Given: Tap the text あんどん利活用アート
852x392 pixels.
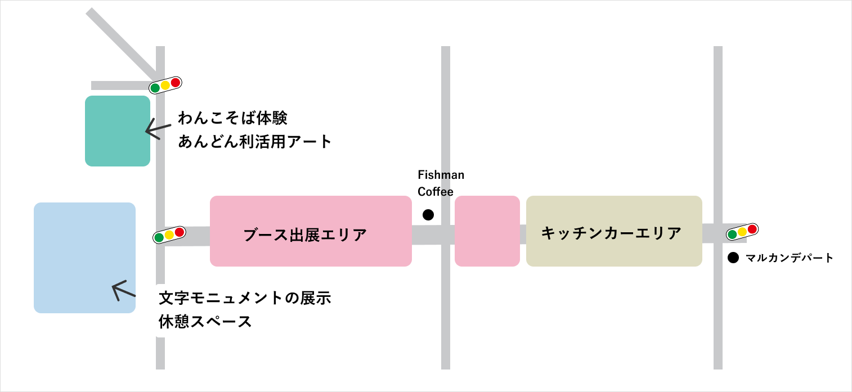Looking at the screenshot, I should (x=255, y=142).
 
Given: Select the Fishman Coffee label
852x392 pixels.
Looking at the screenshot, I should (x=441, y=183).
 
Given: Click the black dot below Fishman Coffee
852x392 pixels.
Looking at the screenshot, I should (x=428, y=214).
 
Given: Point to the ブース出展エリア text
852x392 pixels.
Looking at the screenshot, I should (x=305, y=235).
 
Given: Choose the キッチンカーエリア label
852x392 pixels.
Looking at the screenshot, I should (x=611, y=233).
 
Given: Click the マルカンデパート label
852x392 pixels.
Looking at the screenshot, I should (x=789, y=258).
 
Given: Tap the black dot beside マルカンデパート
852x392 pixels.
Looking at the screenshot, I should (x=733, y=258).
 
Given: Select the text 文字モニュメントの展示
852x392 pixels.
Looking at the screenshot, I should (x=245, y=298).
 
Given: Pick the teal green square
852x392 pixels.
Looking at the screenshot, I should (x=118, y=131).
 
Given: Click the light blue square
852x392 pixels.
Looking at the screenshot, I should (x=84, y=257).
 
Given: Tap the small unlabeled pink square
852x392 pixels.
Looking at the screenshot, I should (x=487, y=231).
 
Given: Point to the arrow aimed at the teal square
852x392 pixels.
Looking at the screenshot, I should (x=153, y=129).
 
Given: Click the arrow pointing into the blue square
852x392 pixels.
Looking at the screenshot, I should (x=123, y=291).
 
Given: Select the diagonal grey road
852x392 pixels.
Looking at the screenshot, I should (x=121, y=42).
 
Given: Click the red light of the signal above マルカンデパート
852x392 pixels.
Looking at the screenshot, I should (x=752, y=229).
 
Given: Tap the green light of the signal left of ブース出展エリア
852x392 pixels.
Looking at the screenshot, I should (x=159, y=237).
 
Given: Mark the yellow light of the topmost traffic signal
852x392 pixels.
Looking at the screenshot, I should (x=165, y=85).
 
